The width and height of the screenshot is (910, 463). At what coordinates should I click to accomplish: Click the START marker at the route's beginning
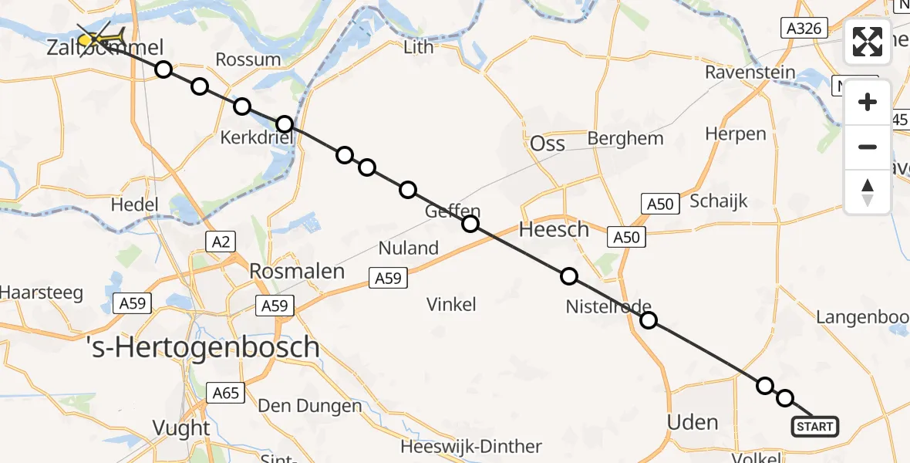[x=815, y=426]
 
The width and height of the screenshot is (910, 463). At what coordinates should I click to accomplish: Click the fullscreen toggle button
[x=868, y=41]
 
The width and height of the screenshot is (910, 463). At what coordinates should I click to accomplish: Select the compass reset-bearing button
[x=868, y=192]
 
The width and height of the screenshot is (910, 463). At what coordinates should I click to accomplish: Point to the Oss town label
[x=548, y=143]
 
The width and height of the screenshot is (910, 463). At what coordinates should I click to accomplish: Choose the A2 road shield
[x=221, y=242]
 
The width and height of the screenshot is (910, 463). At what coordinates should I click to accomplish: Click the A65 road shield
[x=226, y=394]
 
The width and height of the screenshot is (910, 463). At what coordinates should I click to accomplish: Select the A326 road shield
[x=803, y=29]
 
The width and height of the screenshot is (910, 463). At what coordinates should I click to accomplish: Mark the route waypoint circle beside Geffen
[x=470, y=225]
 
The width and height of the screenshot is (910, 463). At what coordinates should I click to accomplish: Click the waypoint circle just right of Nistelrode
[x=649, y=320]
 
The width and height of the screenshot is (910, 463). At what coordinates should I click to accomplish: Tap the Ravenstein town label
[x=750, y=73]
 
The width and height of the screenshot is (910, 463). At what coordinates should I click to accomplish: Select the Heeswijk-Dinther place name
[x=471, y=447]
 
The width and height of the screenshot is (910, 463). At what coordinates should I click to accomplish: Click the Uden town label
[x=693, y=422]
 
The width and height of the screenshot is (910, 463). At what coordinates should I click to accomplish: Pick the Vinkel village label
[x=451, y=304]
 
